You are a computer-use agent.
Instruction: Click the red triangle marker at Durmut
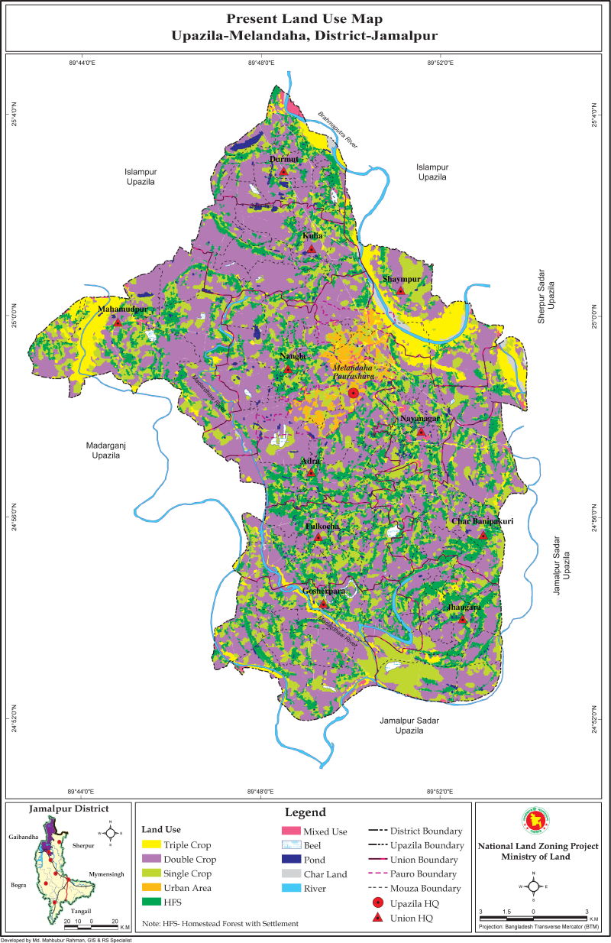[283, 170]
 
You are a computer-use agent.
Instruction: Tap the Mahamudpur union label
[122, 309]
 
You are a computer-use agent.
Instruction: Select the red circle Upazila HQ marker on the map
[354, 393]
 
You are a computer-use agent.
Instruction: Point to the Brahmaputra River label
[338, 131]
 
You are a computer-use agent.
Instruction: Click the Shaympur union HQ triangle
[400, 290]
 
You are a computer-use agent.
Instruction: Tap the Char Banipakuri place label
[481, 522]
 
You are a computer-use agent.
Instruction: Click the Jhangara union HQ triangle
[463, 619]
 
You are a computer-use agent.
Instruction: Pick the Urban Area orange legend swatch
[155, 888]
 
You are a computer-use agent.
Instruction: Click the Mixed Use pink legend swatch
[289, 831]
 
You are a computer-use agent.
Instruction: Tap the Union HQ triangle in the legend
[376, 917]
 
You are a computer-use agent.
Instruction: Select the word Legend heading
[305, 812]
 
